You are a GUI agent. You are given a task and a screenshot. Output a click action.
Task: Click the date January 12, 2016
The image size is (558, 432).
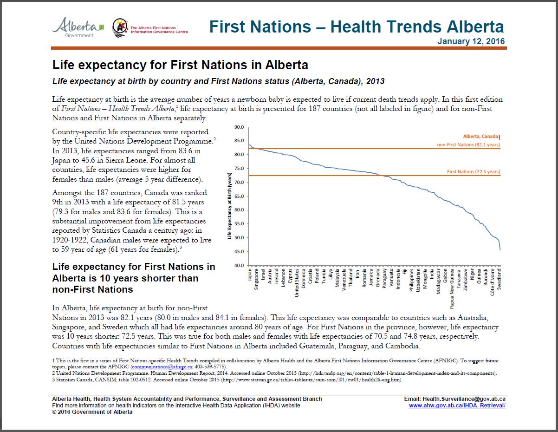click(x=471, y=41)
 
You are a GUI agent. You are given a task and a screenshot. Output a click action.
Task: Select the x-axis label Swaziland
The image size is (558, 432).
click(x=499, y=279)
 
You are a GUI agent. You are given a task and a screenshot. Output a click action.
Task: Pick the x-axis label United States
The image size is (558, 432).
click(x=297, y=281)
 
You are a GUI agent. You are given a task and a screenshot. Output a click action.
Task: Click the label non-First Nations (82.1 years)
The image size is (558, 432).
click(x=468, y=145)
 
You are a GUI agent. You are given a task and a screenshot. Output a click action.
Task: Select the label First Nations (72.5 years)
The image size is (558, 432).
click(x=474, y=172)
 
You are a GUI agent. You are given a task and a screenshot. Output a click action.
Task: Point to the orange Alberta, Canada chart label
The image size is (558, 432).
click(x=481, y=137)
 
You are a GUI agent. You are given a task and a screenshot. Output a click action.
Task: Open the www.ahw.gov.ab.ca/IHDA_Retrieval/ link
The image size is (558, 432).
click(x=457, y=406)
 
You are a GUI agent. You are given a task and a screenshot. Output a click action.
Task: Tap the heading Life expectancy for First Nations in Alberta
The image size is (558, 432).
click(x=180, y=64)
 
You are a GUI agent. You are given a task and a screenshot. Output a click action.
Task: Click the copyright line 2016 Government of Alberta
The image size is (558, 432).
click(x=92, y=412)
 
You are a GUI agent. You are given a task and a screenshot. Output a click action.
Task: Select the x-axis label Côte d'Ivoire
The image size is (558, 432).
click(x=492, y=280)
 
